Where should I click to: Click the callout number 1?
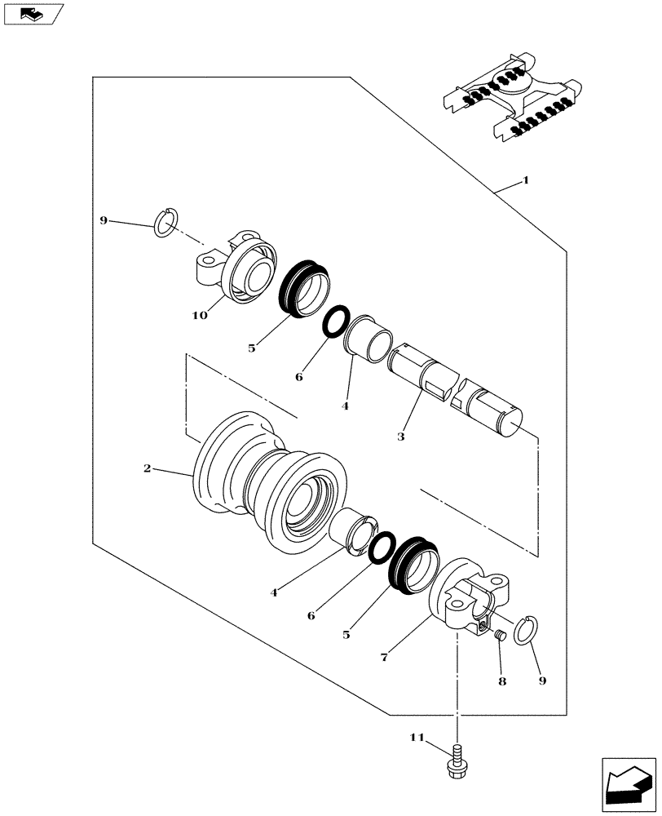[526, 180]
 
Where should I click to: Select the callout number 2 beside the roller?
[147, 468]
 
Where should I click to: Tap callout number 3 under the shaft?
[400, 437]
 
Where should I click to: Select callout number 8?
[501, 681]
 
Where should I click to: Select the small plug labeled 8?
[502, 636]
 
